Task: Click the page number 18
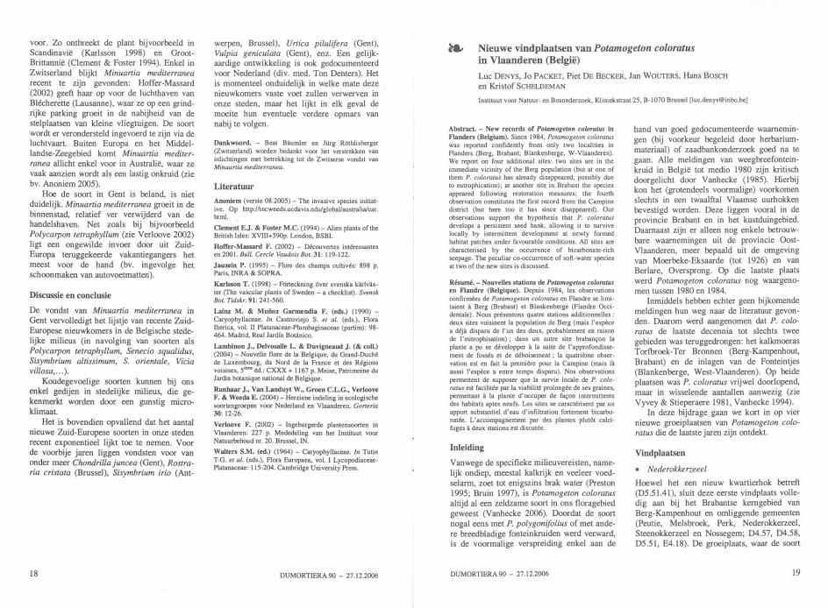pyautogui.click(x=33, y=574)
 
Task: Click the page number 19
pyautogui.click(x=795, y=574)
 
